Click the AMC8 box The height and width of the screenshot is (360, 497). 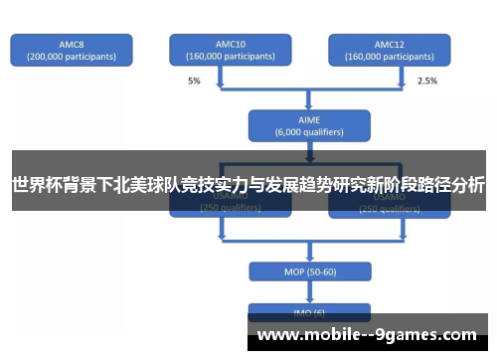pyautogui.click(x=71, y=50)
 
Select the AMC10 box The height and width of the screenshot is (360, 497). pyautogui.click(x=230, y=50)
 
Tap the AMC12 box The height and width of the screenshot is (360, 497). pyautogui.click(x=389, y=50)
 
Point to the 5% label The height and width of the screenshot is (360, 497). pyautogui.click(x=194, y=81)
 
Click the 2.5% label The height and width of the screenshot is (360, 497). pyautogui.click(x=426, y=81)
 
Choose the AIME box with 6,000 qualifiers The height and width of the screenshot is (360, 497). pyautogui.click(x=308, y=123)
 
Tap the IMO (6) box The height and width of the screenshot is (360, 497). pyautogui.click(x=308, y=312)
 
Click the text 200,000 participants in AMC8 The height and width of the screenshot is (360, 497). pyautogui.click(x=71, y=57)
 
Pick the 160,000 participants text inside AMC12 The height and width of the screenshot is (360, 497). pyautogui.click(x=389, y=57)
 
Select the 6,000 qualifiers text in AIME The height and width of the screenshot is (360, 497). pyautogui.click(x=308, y=130)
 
